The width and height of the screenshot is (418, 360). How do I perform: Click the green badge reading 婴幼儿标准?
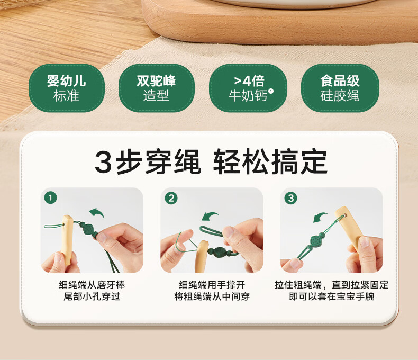(x=66, y=88)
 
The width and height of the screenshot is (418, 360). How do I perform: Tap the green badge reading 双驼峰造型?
(x=157, y=88)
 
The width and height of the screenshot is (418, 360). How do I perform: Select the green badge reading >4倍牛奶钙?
(x=248, y=88)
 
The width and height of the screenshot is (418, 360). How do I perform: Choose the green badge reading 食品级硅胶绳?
(x=340, y=88)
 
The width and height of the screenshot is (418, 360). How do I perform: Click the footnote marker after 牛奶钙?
(x=271, y=91)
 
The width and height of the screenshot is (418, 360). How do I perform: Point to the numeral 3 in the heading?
(x=103, y=161)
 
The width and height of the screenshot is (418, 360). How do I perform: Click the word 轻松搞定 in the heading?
(x=270, y=161)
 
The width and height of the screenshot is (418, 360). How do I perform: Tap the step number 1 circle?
(x=51, y=198)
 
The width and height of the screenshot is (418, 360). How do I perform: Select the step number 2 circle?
(x=171, y=198)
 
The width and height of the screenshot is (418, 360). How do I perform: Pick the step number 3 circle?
(x=291, y=198)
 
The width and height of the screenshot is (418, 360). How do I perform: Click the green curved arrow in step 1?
(x=96, y=212)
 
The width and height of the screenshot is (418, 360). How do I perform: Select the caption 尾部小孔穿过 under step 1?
(x=92, y=296)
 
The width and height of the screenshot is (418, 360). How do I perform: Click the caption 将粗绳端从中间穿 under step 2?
(x=212, y=296)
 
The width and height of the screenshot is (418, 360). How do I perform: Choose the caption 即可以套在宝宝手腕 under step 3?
(x=332, y=296)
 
